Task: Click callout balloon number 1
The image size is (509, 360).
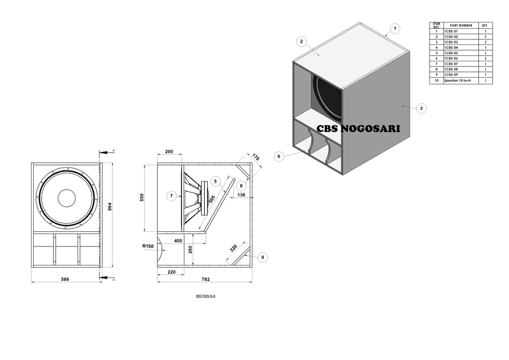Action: click(395, 28)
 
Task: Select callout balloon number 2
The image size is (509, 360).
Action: click(301, 42)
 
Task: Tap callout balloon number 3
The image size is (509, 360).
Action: click(422, 108)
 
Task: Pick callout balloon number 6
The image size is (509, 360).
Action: click(279, 156)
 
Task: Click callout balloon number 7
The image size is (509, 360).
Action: click(172, 196)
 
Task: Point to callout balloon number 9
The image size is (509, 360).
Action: click(262, 257)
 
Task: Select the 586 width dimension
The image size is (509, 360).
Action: click(65, 279)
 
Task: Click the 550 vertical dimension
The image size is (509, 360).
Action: click(142, 197)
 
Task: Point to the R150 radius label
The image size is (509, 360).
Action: click(147, 246)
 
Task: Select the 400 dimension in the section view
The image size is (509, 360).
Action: click(178, 240)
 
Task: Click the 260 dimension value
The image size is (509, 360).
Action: click(191, 249)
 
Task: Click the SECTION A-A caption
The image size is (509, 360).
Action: click(205, 296)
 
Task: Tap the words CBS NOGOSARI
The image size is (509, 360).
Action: click(358, 128)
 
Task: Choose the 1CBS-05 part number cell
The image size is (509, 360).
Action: click(451, 53)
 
